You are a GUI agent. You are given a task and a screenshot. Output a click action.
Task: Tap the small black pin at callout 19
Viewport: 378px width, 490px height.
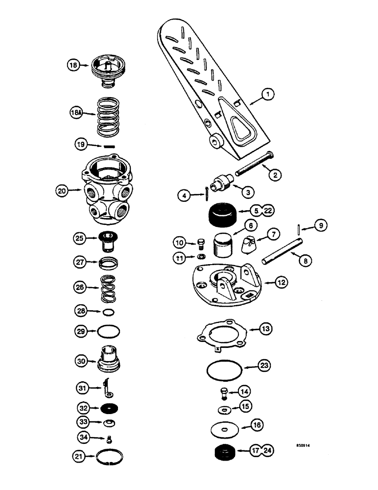click(x=109, y=146)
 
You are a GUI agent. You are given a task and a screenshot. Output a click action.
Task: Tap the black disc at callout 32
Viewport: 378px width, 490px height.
click(x=109, y=407)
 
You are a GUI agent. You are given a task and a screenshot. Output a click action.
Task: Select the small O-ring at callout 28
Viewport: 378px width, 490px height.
click(x=109, y=312)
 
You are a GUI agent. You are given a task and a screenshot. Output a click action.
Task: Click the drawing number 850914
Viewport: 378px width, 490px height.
click(x=304, y=445)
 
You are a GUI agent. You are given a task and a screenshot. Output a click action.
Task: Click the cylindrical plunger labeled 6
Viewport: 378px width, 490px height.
click(x=223, y=245)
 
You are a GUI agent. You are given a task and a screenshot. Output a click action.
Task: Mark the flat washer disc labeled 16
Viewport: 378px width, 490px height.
click(x=225, y=430)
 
